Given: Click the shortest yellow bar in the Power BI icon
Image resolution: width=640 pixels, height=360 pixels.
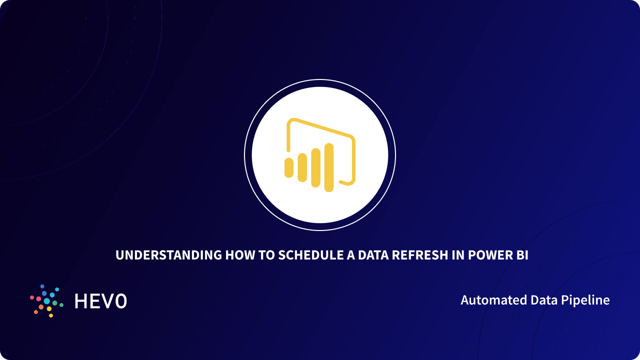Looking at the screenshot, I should [x=288, y=167].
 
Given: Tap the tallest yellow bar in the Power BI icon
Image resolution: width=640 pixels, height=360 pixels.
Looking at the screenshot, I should [x=328, y=167].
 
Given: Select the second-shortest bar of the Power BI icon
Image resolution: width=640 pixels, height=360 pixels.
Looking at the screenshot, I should [x=302, y=167].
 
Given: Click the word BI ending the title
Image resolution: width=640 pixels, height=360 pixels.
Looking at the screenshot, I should [x=522, y=255].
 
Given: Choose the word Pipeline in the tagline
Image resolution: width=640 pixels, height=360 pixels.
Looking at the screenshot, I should [x=588, y=300].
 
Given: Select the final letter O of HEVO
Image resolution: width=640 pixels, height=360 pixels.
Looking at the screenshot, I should [x=120, y=301].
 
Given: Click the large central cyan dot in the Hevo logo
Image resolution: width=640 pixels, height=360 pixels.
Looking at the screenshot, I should [x=47, y=301].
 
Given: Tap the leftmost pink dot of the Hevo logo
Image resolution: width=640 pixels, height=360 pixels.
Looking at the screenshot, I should [x=32, y=297].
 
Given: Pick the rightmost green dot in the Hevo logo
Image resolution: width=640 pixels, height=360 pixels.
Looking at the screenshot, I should [x=61, y=304].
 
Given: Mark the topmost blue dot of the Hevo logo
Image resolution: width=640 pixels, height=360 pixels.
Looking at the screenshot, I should [x=42, y=286].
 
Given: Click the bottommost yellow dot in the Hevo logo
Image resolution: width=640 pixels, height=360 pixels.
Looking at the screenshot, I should [x=51, y=315].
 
